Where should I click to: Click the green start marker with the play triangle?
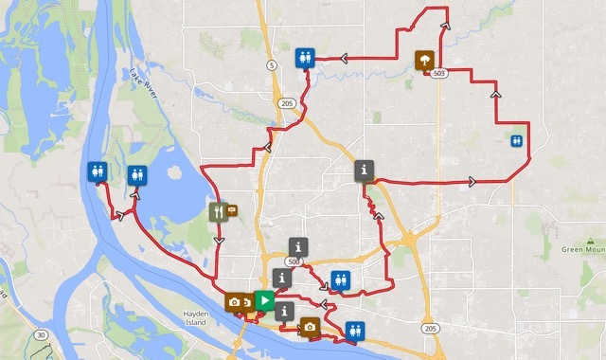point(266,302)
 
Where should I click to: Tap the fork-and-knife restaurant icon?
point(219,212)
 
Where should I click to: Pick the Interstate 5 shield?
point(272,64)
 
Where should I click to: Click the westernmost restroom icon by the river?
point(96,172)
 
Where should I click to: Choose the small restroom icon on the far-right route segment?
point(515,140)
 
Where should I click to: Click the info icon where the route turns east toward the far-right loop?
point(365,171)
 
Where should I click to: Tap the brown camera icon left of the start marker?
point(234,302)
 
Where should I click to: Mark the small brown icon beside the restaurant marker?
point(232,210)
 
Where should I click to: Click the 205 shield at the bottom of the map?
point(432,329)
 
